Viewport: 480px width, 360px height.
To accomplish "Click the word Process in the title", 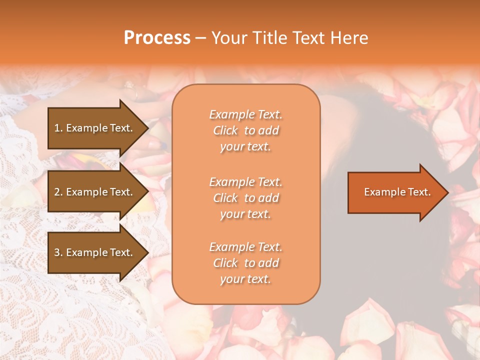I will (x=157, y=38).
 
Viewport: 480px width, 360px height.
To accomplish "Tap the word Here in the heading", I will (x=349, y=38).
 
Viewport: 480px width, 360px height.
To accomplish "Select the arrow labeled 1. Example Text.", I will (x=95, y=128).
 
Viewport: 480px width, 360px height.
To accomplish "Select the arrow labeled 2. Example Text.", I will (x=95, y=192).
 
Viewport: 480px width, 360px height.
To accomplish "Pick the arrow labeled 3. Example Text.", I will (x=95, y=252).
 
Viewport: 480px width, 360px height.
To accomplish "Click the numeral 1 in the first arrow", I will (x=56, y=128).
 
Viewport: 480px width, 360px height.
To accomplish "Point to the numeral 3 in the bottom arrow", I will (x=56, y=252).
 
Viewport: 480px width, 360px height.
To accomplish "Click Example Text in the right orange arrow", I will (x=397, y=192).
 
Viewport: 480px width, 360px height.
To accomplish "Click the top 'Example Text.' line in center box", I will (x=245, y=114).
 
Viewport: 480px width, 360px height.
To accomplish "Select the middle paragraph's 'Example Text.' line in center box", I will (x=245, y=182).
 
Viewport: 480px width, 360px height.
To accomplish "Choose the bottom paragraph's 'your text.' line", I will (x=245, y=279).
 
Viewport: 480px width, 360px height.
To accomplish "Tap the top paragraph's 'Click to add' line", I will (x=245, y=130).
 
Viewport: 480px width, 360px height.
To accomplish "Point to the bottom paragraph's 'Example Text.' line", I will (x=245, y=247).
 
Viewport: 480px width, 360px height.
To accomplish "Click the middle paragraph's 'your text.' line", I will (x=245, y=214).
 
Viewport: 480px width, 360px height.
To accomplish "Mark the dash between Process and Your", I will (x=200, y=38).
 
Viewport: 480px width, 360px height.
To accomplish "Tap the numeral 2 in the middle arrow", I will (x=56, y=192).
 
